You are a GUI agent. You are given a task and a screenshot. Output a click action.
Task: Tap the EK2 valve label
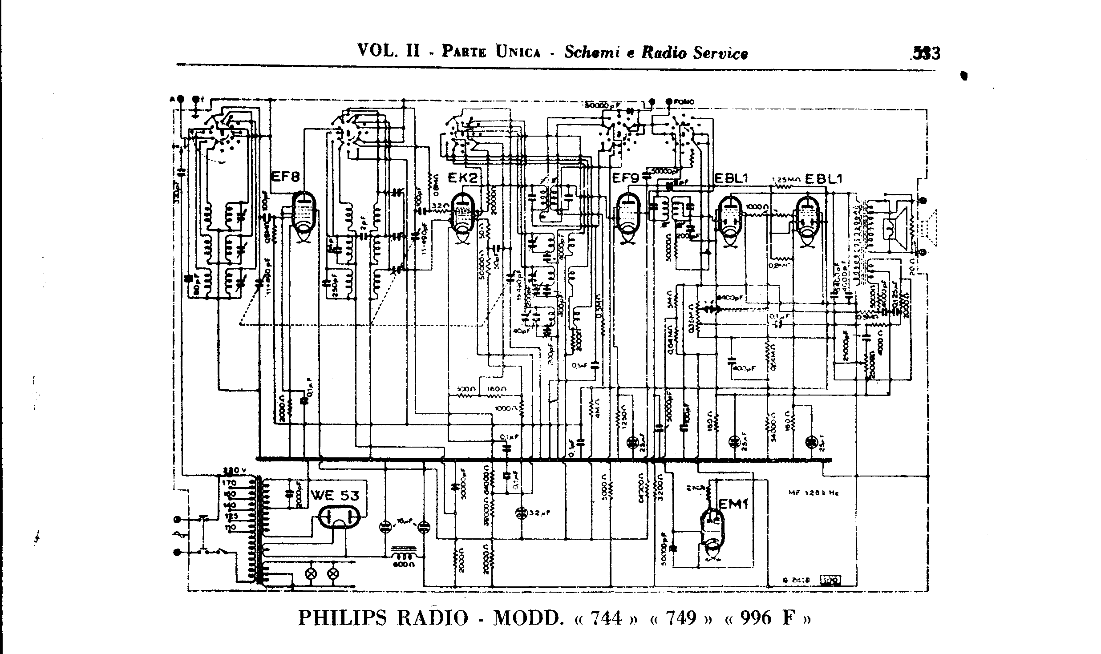pyautogui.click(x=462, y=178)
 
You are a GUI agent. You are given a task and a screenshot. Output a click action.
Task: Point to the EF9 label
pyautogui.click(x=626, y=178)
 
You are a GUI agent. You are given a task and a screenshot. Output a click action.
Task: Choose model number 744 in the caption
pyautogui.click(x=605, y=618)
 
